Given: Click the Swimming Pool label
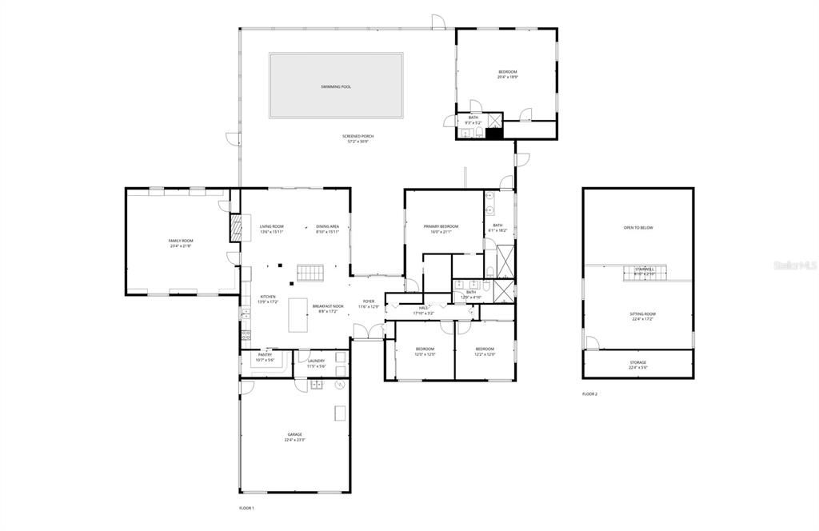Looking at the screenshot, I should pos(336,86).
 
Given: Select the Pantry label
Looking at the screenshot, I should pos(265,357).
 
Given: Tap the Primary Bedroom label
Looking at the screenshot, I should pos(441,229).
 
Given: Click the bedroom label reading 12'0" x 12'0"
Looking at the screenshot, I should pos(425,351).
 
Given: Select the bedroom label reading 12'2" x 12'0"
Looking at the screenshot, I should pos(485,351).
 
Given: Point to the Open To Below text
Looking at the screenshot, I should pos(638,228).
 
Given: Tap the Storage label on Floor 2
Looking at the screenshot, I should pos(637,365).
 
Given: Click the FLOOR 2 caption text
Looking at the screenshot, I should pos(589,393).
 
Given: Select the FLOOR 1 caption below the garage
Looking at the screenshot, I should pos(246,508).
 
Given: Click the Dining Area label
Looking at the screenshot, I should pos(328,229).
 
